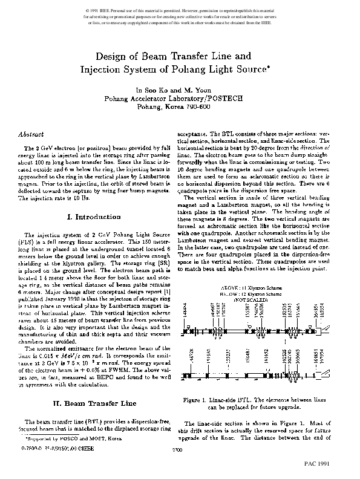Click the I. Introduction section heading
click(x=89, y=216)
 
